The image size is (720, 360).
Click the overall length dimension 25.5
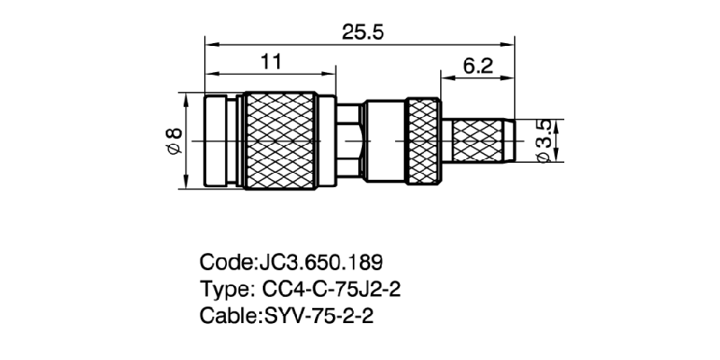pos(363,32)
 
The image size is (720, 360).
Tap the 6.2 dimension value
pos(477,66)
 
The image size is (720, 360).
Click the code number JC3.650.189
pos(320,263)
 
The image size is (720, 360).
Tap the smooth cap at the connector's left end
pos(220,141)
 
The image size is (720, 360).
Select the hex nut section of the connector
pos(350,141)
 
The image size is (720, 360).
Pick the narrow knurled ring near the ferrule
pos(423,141)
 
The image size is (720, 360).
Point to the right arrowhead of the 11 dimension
pos(331,73)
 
